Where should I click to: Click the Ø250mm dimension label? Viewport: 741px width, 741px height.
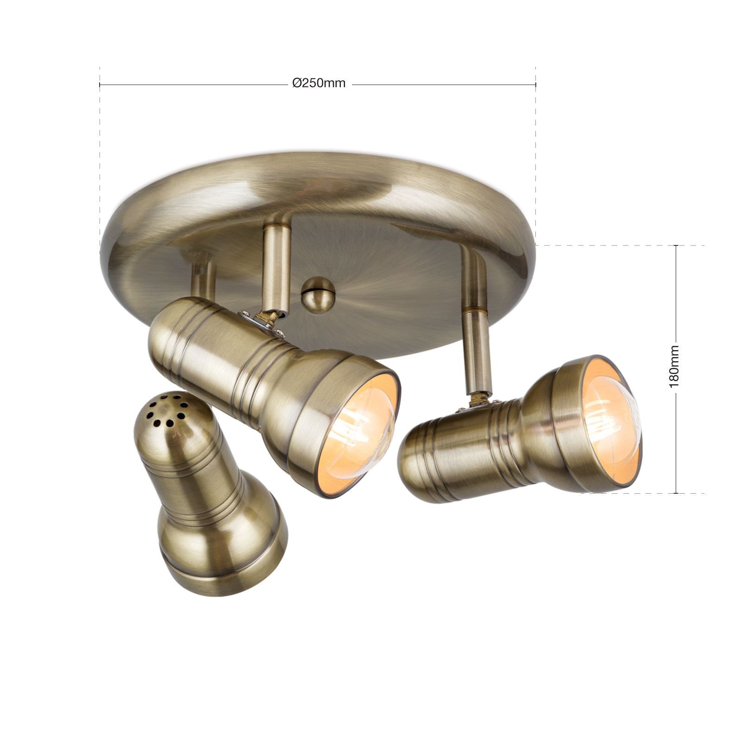pos(319,83)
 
